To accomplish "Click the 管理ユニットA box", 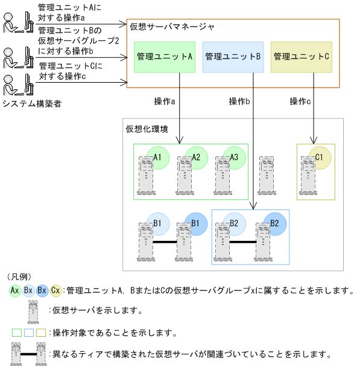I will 164,57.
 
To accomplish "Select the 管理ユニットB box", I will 232,57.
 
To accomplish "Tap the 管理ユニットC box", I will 301,57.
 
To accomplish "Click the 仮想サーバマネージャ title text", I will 172,27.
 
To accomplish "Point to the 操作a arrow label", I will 165,101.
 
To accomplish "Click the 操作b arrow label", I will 239,101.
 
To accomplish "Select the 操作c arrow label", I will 300,101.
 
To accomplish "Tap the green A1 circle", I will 159,158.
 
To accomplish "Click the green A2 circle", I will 197,158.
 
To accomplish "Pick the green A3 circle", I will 235,158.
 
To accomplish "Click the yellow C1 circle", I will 320,158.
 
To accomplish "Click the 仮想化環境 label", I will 147,129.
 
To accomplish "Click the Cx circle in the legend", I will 56,290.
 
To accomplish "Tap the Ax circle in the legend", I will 15,290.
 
